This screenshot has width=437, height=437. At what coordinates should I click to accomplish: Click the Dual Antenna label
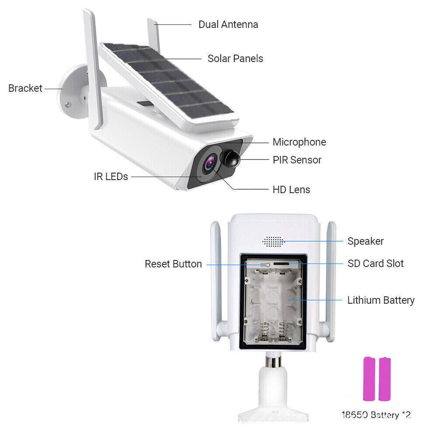tap(228, 24)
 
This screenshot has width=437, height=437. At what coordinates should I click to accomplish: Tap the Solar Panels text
tap(235, 59)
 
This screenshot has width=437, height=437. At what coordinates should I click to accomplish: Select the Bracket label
tap(25, 88)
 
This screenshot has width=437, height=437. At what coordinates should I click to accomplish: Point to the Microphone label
tap(299, 142)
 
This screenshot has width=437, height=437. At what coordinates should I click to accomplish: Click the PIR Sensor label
tap(297, 160)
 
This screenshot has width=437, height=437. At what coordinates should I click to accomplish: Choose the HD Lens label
tap(291, 190)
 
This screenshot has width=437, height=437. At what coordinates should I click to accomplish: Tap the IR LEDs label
tap(111, 177)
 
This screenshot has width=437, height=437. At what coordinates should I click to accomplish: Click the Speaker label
tap(365, 241)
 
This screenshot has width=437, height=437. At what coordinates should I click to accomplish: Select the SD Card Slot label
tap(375, 264)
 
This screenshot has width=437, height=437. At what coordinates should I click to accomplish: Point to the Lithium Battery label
tap(381, 300)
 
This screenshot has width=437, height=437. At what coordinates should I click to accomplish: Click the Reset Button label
tap(173, 264)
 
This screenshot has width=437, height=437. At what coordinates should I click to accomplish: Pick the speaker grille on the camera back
tap(273, 241)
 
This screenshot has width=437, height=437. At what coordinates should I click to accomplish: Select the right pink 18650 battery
tap(385, 379)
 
